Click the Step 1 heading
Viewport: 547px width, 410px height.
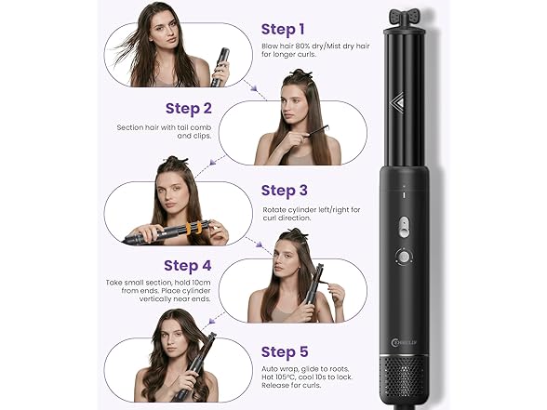click(x=283, y=30)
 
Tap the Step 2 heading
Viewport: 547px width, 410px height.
click(x=189, y=109)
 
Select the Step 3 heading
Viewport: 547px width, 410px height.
click(x=285, y=191)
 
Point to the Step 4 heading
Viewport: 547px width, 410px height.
click(x=188, y=266)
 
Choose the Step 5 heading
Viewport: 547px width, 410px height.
click(x=285, y=351)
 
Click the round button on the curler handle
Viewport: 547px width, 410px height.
click(x=405, y=257)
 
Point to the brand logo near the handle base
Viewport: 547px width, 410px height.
click(x=405, y=342)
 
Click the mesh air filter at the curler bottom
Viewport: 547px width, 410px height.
click(x=404, y=378)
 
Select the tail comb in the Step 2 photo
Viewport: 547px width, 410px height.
click(x=315, y=131)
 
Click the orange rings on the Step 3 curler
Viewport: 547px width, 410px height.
click(x=193, y=228)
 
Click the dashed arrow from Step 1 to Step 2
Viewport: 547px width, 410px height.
click(x=251, y=86)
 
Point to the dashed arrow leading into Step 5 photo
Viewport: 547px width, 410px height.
click(x=216, y=318)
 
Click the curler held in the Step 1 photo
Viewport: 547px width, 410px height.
click(x=220, y=67)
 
